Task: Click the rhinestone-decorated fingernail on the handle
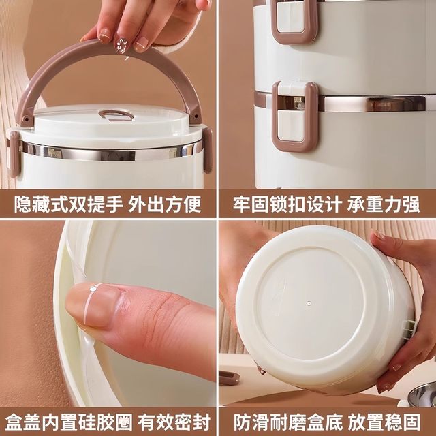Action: tap(121, 46)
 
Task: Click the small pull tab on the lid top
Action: tap(116, 116)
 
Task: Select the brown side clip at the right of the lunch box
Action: tap(208, 150)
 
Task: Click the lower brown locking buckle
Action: tap(295, 116)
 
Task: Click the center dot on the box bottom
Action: tap(309, 303)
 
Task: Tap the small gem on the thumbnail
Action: tap(93, 289)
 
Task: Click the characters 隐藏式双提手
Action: tap(69, 204)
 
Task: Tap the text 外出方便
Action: tap(165, 204)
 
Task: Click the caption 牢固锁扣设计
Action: tap(287, 204)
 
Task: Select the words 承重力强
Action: tap(384, 204)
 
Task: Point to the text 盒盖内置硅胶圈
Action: tap(69, 422)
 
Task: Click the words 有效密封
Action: tap(174, 422)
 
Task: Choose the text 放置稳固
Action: tap(384, 422)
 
